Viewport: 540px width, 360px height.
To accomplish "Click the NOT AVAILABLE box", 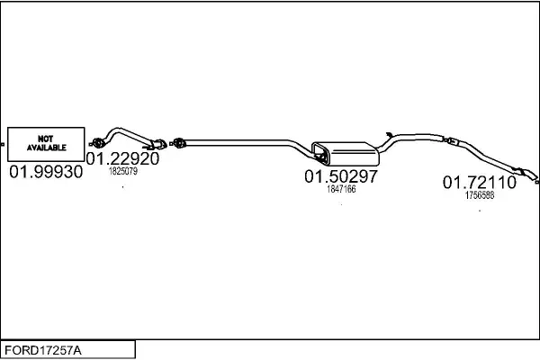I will tap(46, 142).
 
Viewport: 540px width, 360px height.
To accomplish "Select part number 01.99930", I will tap(46, 170).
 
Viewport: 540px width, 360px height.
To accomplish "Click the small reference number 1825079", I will tap(122, 170).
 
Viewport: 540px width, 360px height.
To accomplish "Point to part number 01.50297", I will tap(340, 176).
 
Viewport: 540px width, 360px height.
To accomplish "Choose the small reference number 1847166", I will tap(341, 189).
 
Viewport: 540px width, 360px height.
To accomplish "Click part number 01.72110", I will tap(479, 182).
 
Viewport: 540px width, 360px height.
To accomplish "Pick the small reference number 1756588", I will tap(479, 193).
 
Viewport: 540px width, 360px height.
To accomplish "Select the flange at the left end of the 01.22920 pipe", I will tap(99, 141).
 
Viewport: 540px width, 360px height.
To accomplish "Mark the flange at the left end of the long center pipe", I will tap(179, 142).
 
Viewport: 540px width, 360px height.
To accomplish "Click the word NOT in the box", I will tap(46, 138).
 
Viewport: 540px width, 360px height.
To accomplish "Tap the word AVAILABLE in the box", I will tap(46, 147).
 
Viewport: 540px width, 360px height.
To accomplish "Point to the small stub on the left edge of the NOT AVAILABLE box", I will tap(4, 142).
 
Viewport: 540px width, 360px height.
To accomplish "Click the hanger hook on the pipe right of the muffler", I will tap(382, 131).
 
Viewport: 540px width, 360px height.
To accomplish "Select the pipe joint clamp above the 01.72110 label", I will tap(451, 140).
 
